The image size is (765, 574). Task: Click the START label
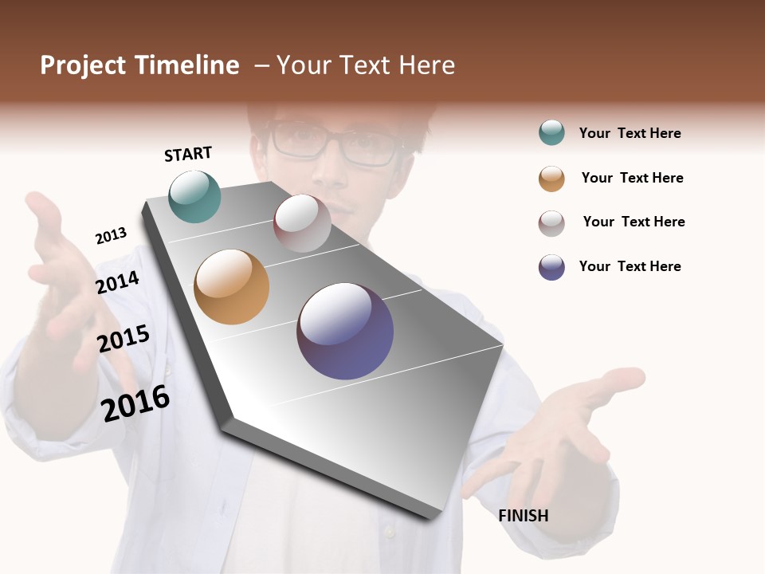coord(188,154)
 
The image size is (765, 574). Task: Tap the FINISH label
coord(524,516)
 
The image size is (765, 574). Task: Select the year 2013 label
coord(111,236)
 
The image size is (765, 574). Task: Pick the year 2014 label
coord(118,282)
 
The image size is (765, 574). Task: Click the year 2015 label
coord(124,339)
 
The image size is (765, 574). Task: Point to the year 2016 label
coord(136,403)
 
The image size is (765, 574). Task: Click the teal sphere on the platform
coord(195,196)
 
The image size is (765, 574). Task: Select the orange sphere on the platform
coord(232,287)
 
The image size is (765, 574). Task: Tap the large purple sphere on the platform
coord(345,331)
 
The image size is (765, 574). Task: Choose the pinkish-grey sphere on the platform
coord(302,223)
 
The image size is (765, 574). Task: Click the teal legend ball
coord(551,133)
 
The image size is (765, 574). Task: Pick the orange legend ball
coord(551,179)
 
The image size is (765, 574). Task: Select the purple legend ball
coord(551,267)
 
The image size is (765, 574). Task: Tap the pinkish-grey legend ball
coord(551,223)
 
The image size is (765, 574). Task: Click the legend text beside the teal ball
coord(630,133)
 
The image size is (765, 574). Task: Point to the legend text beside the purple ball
coord(630,266)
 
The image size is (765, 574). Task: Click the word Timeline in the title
coord(186,65)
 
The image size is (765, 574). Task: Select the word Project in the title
coord(84,65)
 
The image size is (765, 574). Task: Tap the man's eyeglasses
coord(335,144)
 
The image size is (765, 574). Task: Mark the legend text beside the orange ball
coord(633,178)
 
